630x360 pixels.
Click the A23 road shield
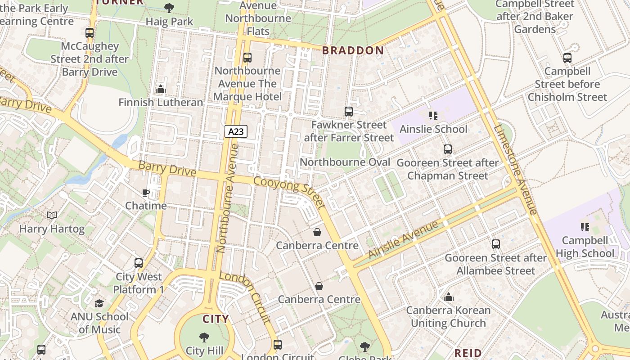[x=236, y=131]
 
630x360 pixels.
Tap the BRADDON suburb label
[x=353, y=50]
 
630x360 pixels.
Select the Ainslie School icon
[x=433, y=116]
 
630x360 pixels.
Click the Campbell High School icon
[x=585, y=227]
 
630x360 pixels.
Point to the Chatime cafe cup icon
[x=146, y=193]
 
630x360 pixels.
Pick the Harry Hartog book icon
[x=52, y=216]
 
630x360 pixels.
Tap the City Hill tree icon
[x=204, y=337]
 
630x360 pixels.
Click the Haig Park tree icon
[x=169, y=8]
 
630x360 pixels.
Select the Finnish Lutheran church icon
[x=161, y=89]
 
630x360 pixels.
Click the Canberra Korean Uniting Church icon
[x=448, y=297]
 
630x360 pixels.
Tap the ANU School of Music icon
[x=99, y=303]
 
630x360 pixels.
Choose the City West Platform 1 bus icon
[x=139, y=263]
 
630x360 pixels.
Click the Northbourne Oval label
[x=345, y=162]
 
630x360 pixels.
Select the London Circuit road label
[x=246, y=297]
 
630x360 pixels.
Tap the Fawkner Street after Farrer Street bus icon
[x=348, y=111]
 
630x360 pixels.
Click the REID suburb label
[x=468, y=353]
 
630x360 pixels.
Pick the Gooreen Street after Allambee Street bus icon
[x=495, y=244]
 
